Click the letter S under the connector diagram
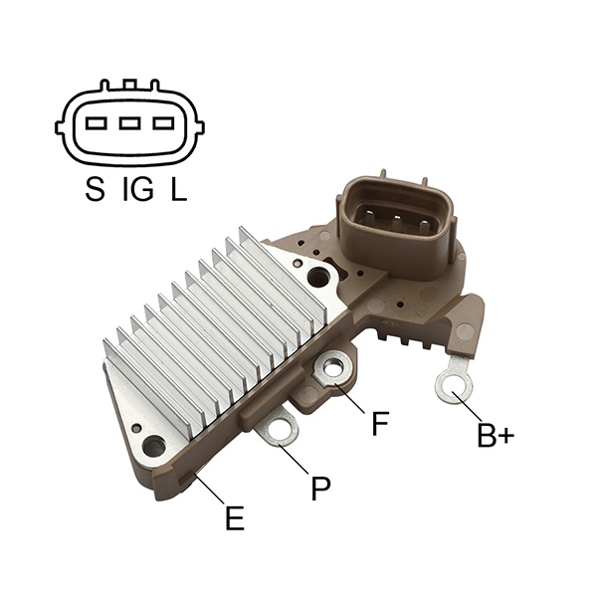[x=95, y=189]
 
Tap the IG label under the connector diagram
[x=138, y=189]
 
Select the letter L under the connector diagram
[x=178, y=189]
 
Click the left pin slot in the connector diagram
[x=96, y=123]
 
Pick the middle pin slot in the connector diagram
[x=129, y=123]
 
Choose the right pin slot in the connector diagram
[x=164, y=123]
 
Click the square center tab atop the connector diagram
[x=129, y=85]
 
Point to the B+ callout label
[x=496, y=435]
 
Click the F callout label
[x=380, y=424]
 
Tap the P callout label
[x=320, y=488]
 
